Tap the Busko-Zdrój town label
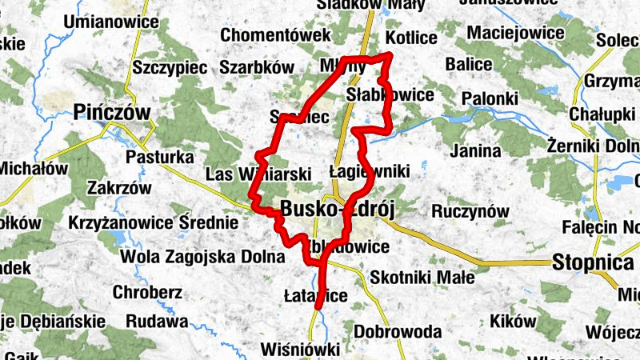339,210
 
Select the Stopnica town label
593,262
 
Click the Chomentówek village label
275,35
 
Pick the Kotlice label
410,38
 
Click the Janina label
476,150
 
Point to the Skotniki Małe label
422,278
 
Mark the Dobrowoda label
397,331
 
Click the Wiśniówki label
300,350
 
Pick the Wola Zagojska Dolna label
202,258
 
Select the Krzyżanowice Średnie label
154,222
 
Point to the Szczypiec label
170,67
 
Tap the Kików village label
514,321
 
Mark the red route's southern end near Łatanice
318,305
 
